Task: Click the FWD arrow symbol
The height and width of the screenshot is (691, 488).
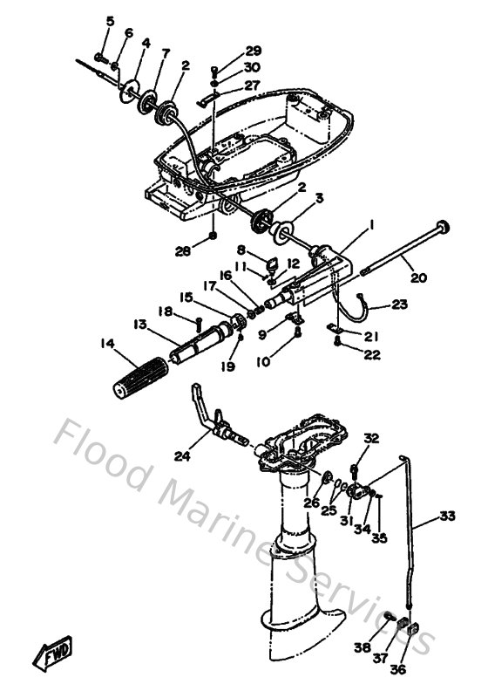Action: coord(53,652)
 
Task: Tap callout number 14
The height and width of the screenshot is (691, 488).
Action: coord(107,343)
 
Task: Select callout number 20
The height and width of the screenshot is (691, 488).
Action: coord(418,277)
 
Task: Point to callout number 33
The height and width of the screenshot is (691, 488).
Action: coord(447,515)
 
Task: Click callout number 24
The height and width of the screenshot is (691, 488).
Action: coord(182,456)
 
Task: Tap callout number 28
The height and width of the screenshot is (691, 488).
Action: coord(183,251)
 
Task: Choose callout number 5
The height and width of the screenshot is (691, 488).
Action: coord(110,21)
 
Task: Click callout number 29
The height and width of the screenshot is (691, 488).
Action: coord(253,51)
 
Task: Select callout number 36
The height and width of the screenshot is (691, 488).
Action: coord(397,669)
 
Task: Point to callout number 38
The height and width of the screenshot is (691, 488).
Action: coord(363,647)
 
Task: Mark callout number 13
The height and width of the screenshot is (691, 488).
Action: coord(140,325)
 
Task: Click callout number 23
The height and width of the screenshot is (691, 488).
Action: coord(400,304)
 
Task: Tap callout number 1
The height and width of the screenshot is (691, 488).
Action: coord(371,225)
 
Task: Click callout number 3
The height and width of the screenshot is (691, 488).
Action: coord(319,198)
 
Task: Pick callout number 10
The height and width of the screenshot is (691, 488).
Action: coord(262,362)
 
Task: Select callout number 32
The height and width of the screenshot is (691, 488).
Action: coord(371,438)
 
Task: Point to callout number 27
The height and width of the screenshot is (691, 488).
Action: coord(252,85)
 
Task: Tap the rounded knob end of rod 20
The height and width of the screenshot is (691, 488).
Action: coord(444,226)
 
